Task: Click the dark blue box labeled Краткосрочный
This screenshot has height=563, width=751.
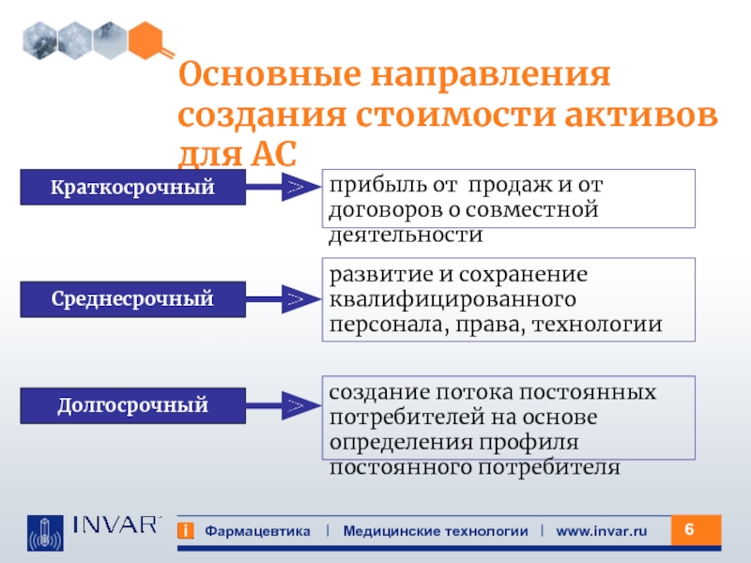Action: coord(132,188)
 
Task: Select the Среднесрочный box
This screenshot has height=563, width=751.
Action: coord(132,299)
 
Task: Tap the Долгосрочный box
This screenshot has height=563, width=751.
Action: coord(132,406)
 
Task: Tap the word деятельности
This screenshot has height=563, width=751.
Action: coord(406,234)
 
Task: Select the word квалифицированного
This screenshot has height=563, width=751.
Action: coord(452,300)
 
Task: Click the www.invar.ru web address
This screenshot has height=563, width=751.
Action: coord(602,531)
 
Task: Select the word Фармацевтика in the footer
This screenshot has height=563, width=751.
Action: coord(257,531)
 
